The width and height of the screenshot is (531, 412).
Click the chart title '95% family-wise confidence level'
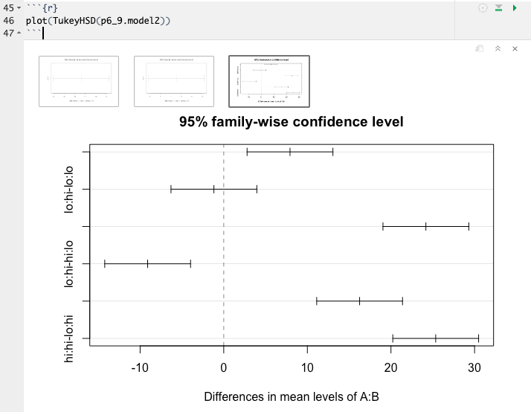[x=291, y=121]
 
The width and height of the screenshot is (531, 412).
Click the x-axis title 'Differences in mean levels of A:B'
[x=292, y=396]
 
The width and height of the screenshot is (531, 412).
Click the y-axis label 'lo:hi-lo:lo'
[x=70, y=189]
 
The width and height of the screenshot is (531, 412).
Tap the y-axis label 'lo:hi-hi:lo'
[x=70, y=263]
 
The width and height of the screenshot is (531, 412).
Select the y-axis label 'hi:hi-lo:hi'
[x=70, y=338]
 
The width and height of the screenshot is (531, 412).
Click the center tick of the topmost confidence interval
[x=290, y=152]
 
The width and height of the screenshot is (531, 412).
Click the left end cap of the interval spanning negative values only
[x=105, y=263]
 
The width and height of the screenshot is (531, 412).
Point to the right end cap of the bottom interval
[x=478, y=338]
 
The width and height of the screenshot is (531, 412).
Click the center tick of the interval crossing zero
[x=214, y=189]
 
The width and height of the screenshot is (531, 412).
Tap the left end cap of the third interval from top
[x=383, y=226]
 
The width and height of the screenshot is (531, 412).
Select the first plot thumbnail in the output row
[x=79, y=80]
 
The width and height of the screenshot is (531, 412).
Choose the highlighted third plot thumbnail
[x=269, y=80]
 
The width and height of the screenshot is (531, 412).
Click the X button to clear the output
[x=515, y=48]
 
